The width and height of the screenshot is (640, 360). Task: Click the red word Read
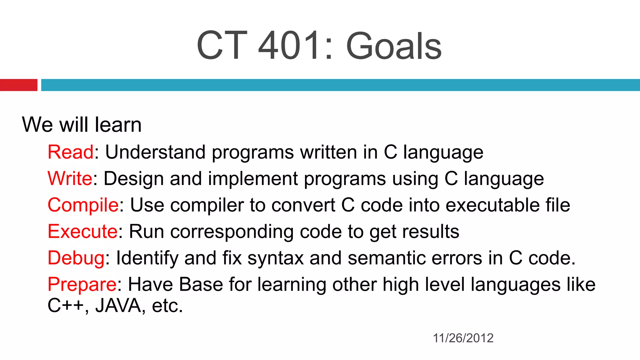point(71,152)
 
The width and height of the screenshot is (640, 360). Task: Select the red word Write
point(70,179)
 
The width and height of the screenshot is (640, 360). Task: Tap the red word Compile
point(83,205)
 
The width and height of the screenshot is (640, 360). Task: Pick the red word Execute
point(83,232)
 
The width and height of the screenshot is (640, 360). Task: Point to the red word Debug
point(76,258)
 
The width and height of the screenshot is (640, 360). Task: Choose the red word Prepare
point(82,285)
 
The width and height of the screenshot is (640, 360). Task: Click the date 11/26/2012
point(463,338)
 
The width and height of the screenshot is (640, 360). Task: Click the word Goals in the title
point(394,47)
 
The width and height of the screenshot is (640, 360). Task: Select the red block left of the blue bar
point(18,85)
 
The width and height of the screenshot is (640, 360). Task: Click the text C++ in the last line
point(66,306)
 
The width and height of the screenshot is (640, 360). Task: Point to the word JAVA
point(118,306)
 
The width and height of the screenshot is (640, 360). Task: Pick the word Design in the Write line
point(133,179)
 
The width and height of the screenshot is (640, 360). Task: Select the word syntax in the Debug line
point(275,259)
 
